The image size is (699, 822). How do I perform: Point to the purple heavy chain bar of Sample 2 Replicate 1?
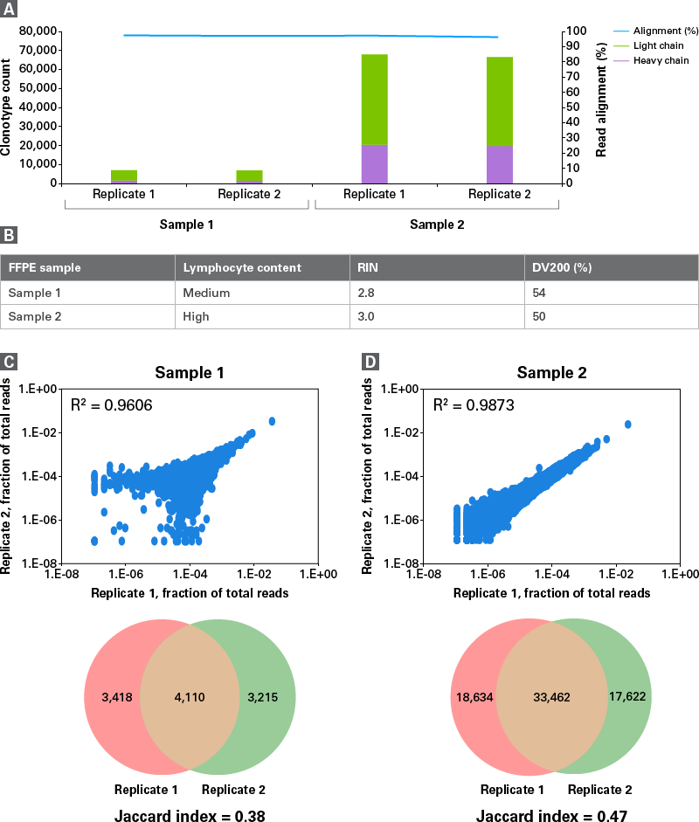point(375,164)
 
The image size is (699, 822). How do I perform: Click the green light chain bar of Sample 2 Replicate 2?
point(500,101)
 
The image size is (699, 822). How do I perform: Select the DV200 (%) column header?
point(563,266)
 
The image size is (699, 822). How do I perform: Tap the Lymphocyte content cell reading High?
point(197,316)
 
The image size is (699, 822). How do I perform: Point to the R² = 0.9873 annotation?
point(469,404)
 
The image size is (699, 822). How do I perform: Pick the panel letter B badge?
point(8,234)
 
